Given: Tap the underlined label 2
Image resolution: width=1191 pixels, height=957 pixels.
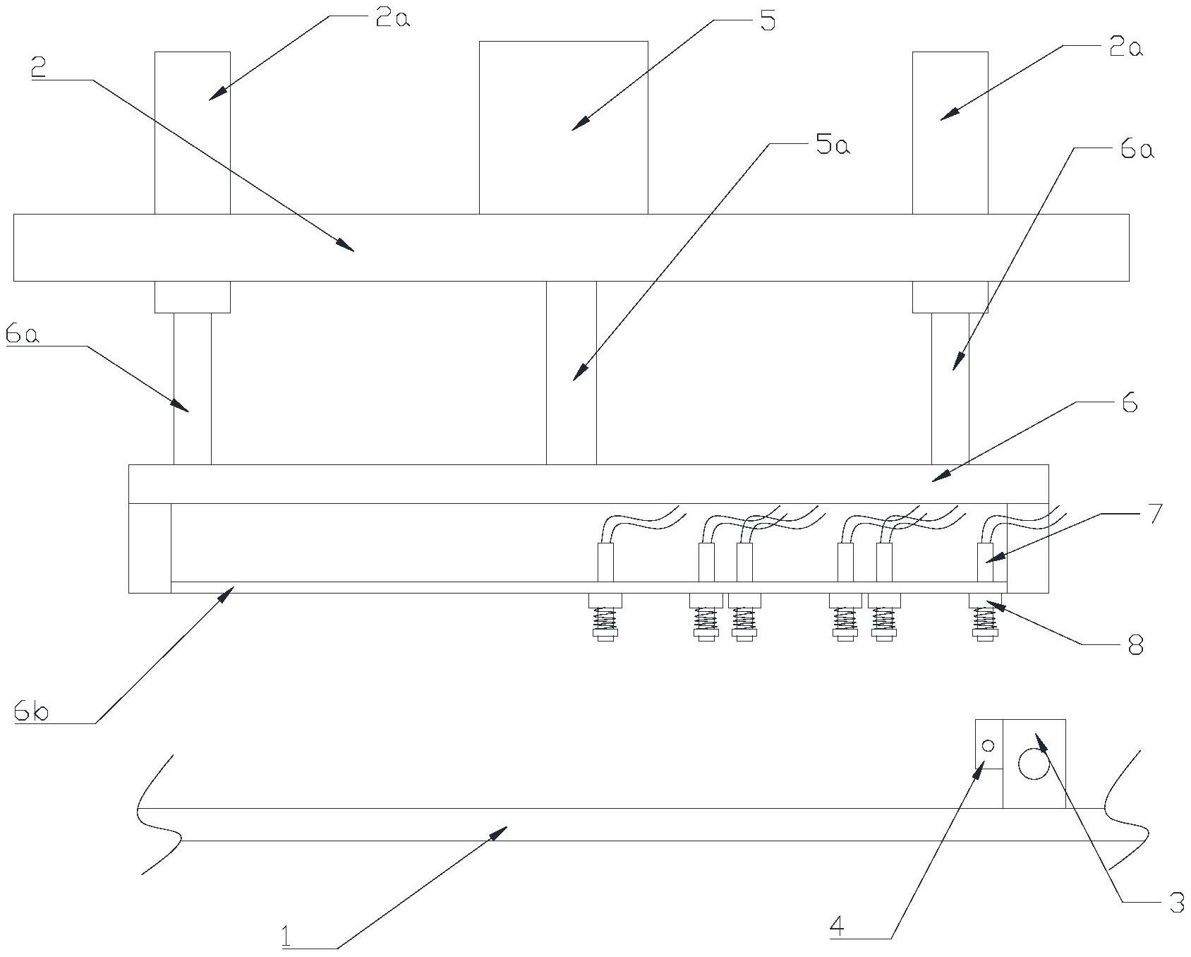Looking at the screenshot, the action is [x=39, y=68].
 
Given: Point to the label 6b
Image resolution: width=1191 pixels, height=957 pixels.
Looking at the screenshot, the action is [x=31, y=712].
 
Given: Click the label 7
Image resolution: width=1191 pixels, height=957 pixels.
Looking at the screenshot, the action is [x=1153, y=514].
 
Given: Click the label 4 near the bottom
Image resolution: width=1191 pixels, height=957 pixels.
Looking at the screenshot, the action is [x=836, y=927].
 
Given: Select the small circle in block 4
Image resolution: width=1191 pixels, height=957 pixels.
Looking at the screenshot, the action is [x=988, y=746].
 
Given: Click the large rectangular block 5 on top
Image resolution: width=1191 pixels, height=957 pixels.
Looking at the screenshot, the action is [x=563, y=127].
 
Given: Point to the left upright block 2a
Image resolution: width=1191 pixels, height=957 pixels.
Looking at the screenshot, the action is [x=192, y=133].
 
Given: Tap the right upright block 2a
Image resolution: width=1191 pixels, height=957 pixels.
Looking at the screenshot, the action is [x=950, y=133].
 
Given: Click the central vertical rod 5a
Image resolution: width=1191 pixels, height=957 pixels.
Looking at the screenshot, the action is [x=571, y=373].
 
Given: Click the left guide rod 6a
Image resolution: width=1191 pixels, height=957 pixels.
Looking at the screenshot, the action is [x=192, y=388].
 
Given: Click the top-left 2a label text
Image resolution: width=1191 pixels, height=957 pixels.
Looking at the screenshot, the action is [x=392, y=18].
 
